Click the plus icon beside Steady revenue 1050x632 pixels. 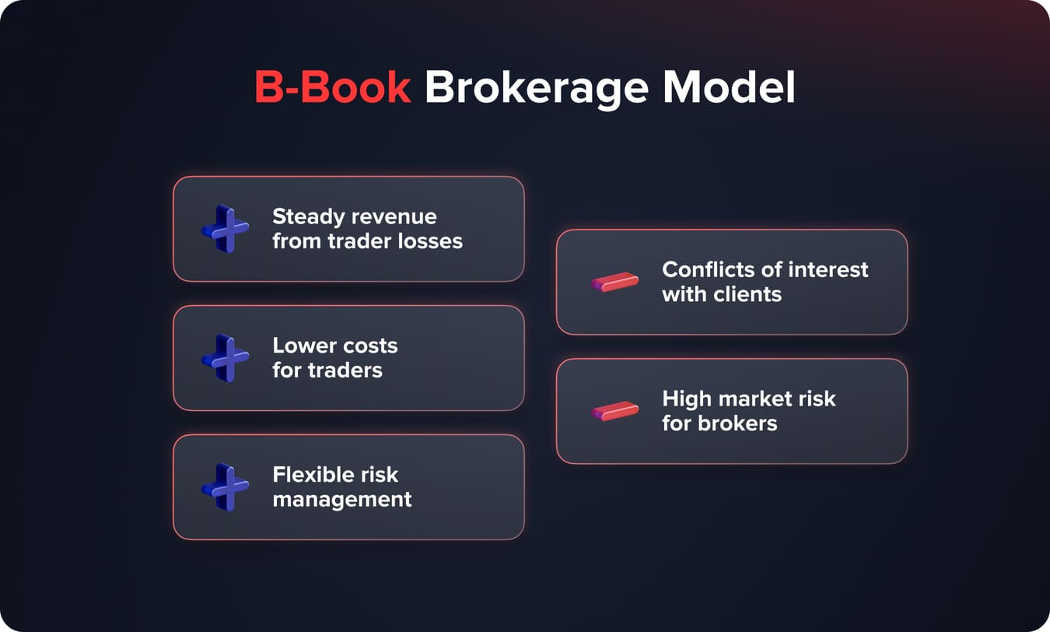coord(225,229)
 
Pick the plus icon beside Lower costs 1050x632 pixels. coord(225,358)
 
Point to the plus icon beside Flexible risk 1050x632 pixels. coord(225,487)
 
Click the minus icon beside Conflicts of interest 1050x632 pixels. coord(614,282)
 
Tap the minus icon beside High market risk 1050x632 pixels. coord(614,411)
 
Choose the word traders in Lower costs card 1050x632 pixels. coord(345,370)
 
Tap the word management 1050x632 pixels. coord(341,499)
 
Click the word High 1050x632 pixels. coord(685,399)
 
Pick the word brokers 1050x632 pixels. coord(738,423)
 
